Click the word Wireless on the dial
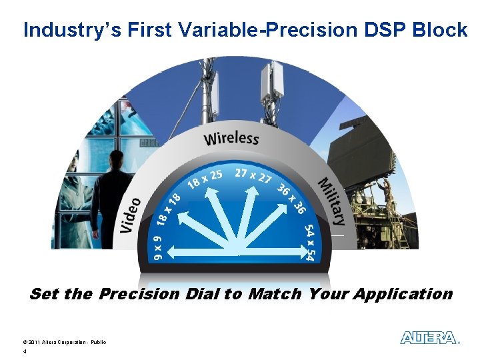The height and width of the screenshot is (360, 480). [231, 139]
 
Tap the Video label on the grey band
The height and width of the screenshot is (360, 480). [131, 215]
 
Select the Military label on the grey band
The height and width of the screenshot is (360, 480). [332, 201]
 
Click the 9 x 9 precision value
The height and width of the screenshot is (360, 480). [158, 248]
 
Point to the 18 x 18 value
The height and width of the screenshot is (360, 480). [169, 210]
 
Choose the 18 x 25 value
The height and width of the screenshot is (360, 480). [205, 179]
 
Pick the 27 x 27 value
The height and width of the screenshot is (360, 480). [253, 176]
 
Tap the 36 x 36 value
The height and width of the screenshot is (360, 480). [291, 199]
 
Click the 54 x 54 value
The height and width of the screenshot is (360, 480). [309, 243]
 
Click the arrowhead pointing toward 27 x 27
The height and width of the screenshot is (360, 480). [252, 191]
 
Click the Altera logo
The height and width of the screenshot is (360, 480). [429, 337]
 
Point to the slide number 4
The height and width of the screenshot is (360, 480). [25, 352]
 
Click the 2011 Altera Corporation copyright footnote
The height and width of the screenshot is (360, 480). [64, 342]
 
